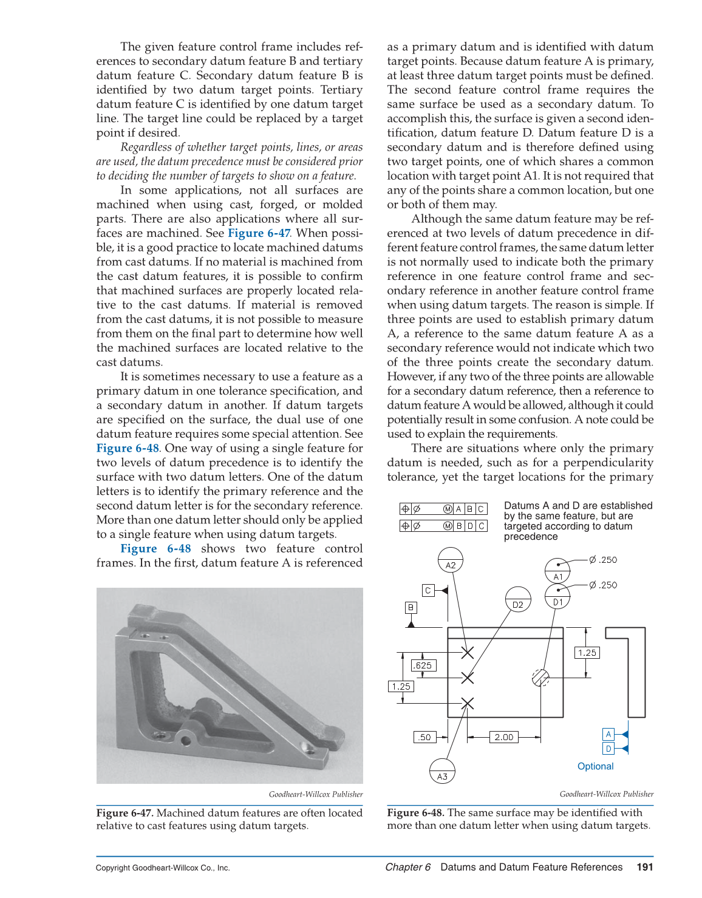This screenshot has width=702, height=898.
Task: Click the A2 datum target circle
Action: [x=450, y=560]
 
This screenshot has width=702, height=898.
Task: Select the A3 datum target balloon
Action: [x=442, y=771]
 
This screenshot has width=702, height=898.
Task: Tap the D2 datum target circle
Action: [x=517, y=599]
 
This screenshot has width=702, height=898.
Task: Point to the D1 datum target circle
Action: [x=557, y=596]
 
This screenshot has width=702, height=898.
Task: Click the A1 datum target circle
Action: [x=557, y=571]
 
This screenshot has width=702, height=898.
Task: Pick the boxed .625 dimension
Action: [x=423, y=665]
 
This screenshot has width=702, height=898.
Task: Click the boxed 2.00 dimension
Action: [x=503, y=737]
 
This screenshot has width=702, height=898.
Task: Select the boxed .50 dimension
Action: [x=424, y=737]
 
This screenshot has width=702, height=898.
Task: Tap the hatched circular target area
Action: [x=540, y=677]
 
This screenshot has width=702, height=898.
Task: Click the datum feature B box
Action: [x=411, y=607]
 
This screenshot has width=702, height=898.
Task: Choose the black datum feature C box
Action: [x=428, y=590]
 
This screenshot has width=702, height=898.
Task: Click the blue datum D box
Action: [x=608, y=749]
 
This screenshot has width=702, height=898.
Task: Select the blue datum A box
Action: [x=608, y=734]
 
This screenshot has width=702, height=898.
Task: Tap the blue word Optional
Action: [x=595, y=766]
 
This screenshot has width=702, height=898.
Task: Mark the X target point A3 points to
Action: [x=467, y=704]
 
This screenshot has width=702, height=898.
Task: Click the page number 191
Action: [x=645, y=867]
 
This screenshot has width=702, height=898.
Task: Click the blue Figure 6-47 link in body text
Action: [x=259, y=233]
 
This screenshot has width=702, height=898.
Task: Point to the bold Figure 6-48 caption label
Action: [x=415, y=812]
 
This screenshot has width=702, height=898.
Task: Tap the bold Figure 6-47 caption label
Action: [x=124, y=812]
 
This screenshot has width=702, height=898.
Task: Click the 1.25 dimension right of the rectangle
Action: [x=587, y=653]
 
